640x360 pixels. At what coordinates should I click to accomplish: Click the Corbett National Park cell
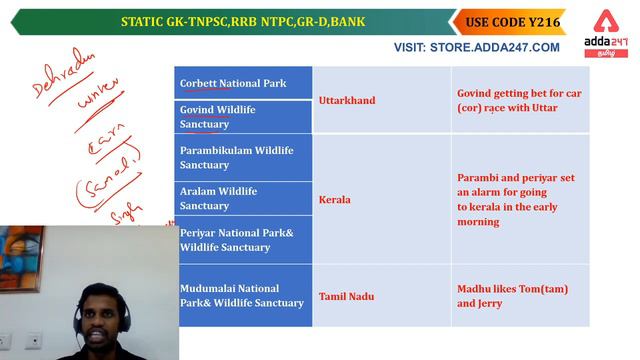coord(244,83)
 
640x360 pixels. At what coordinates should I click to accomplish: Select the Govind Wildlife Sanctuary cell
coord(244,117)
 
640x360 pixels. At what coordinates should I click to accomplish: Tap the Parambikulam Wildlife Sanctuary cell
coord(244,157)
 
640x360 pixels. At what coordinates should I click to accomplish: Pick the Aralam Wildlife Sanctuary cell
coord(244,198)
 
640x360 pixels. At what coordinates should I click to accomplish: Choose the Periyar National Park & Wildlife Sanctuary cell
coord(244,240)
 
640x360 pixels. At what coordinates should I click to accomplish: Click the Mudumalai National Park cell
coord(244,296)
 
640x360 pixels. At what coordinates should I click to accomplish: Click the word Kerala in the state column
coord(335,200)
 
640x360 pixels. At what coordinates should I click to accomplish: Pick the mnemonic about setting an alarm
coord(515,199)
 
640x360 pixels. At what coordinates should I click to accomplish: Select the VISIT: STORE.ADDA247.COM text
coord(477,47)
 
